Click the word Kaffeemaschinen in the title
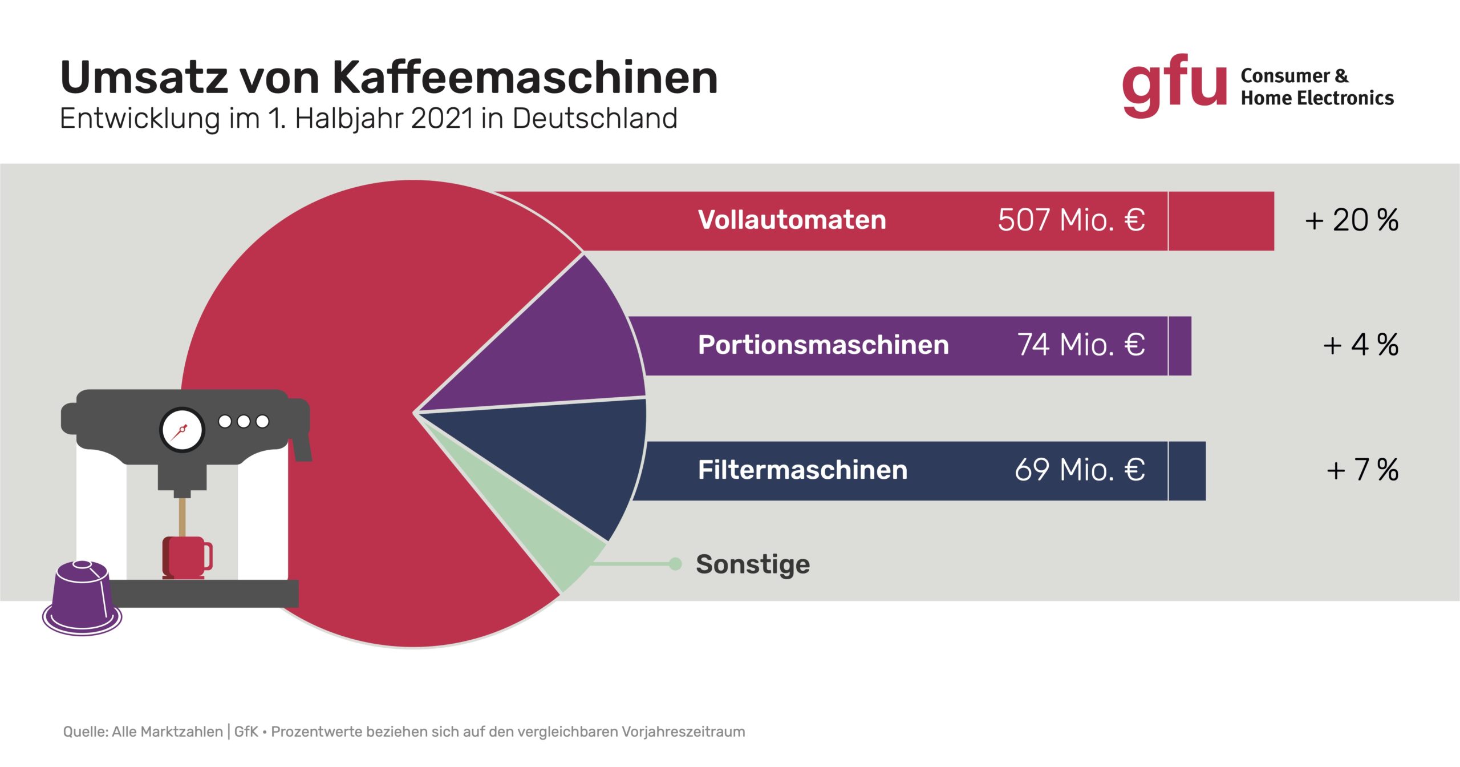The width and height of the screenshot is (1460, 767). coord(525,78)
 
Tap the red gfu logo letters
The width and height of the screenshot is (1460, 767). coord(1174,86)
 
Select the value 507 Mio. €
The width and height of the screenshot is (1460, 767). coord(1071,220)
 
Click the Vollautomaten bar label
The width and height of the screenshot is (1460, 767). coord(792,220)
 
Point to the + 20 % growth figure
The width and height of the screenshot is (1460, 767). coord(1352,220)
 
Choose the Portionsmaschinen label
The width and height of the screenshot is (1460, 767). coord(824,345)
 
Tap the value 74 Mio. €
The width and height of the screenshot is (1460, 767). coord(1081,345)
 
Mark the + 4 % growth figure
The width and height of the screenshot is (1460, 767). coord(1361,345)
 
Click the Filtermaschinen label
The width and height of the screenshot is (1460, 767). coord(802,470)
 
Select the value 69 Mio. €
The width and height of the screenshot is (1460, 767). coord(1080,470)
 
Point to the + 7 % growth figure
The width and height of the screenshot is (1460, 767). coord(1362,470)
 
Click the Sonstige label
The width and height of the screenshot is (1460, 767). coord(753,565)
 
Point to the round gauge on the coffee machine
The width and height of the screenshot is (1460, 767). coord(182,430)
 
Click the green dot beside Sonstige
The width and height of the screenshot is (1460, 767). coord(675,564)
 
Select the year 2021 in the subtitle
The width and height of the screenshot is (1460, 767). coord(443,119)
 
